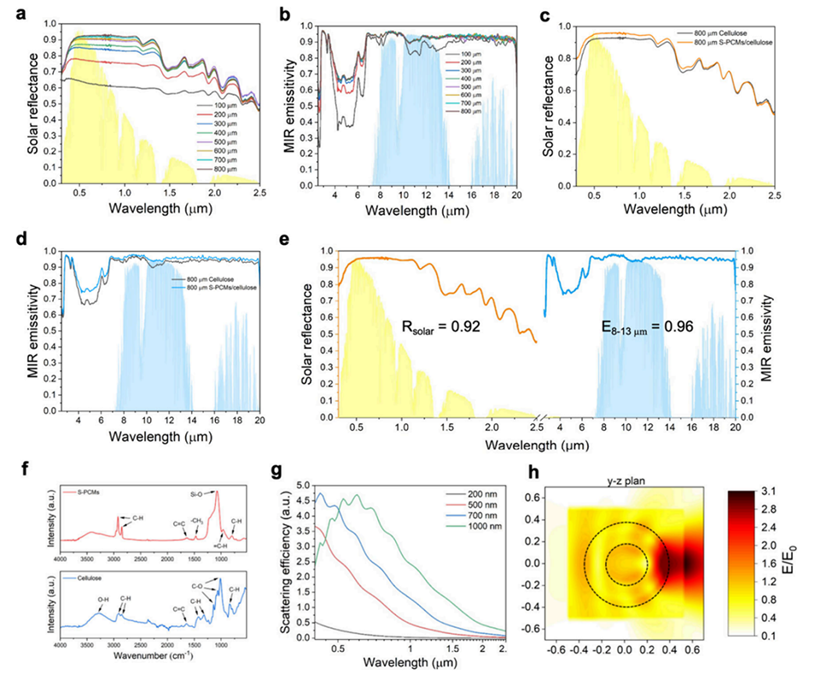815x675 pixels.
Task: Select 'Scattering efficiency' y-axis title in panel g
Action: tap(291, 559)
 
